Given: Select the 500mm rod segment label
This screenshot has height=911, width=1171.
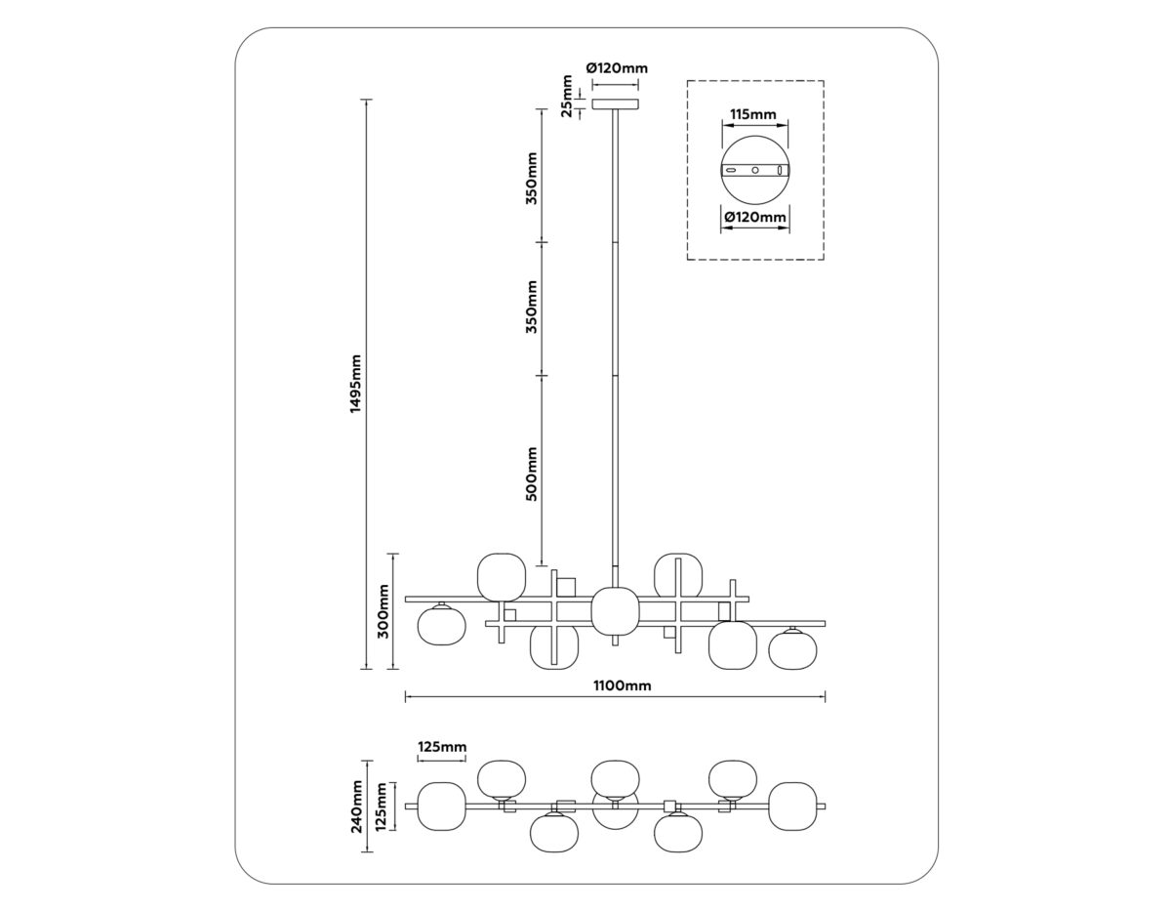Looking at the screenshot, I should [x=532, y=474].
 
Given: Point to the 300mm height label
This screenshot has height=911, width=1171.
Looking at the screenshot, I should [x=384, y=611].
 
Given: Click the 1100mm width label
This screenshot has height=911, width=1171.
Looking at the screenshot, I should [x=624, y=685].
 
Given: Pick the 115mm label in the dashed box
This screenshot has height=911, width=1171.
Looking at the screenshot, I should [x=753, y=115].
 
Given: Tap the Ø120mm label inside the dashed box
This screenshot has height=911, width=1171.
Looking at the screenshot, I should [x=754, y=217].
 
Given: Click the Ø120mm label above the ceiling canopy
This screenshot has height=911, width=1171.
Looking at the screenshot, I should [x=617, y=68].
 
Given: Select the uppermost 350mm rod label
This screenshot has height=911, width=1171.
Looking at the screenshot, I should [x=532, y=178].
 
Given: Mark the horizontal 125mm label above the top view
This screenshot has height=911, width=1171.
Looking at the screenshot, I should [x=441, y=747].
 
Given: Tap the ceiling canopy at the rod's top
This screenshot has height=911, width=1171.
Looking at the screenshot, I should [x=616, y=103].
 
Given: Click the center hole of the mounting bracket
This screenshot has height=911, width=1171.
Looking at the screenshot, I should [x=754, y=171].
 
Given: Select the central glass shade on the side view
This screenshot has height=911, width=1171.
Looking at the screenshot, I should [x=615, y=611].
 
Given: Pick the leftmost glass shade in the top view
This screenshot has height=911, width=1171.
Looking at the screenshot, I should [x=441, y=806].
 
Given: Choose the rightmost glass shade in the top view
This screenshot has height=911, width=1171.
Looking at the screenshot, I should [x=791, y=807].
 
